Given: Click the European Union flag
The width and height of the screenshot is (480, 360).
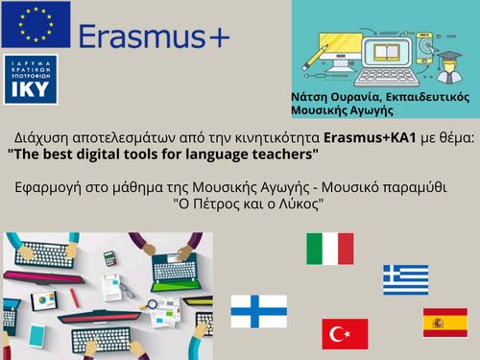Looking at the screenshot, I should [36, 25].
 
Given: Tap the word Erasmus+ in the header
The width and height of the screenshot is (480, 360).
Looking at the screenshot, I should [154, 36].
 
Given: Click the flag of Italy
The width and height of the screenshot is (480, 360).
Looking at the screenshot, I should [330, 249].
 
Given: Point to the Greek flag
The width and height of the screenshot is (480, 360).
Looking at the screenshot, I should [406, 280].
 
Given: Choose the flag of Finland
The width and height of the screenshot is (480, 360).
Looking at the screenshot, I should [258, 311].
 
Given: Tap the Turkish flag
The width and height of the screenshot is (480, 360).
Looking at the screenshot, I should [345, 334].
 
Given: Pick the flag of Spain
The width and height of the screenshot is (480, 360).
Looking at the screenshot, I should [445, 323].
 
